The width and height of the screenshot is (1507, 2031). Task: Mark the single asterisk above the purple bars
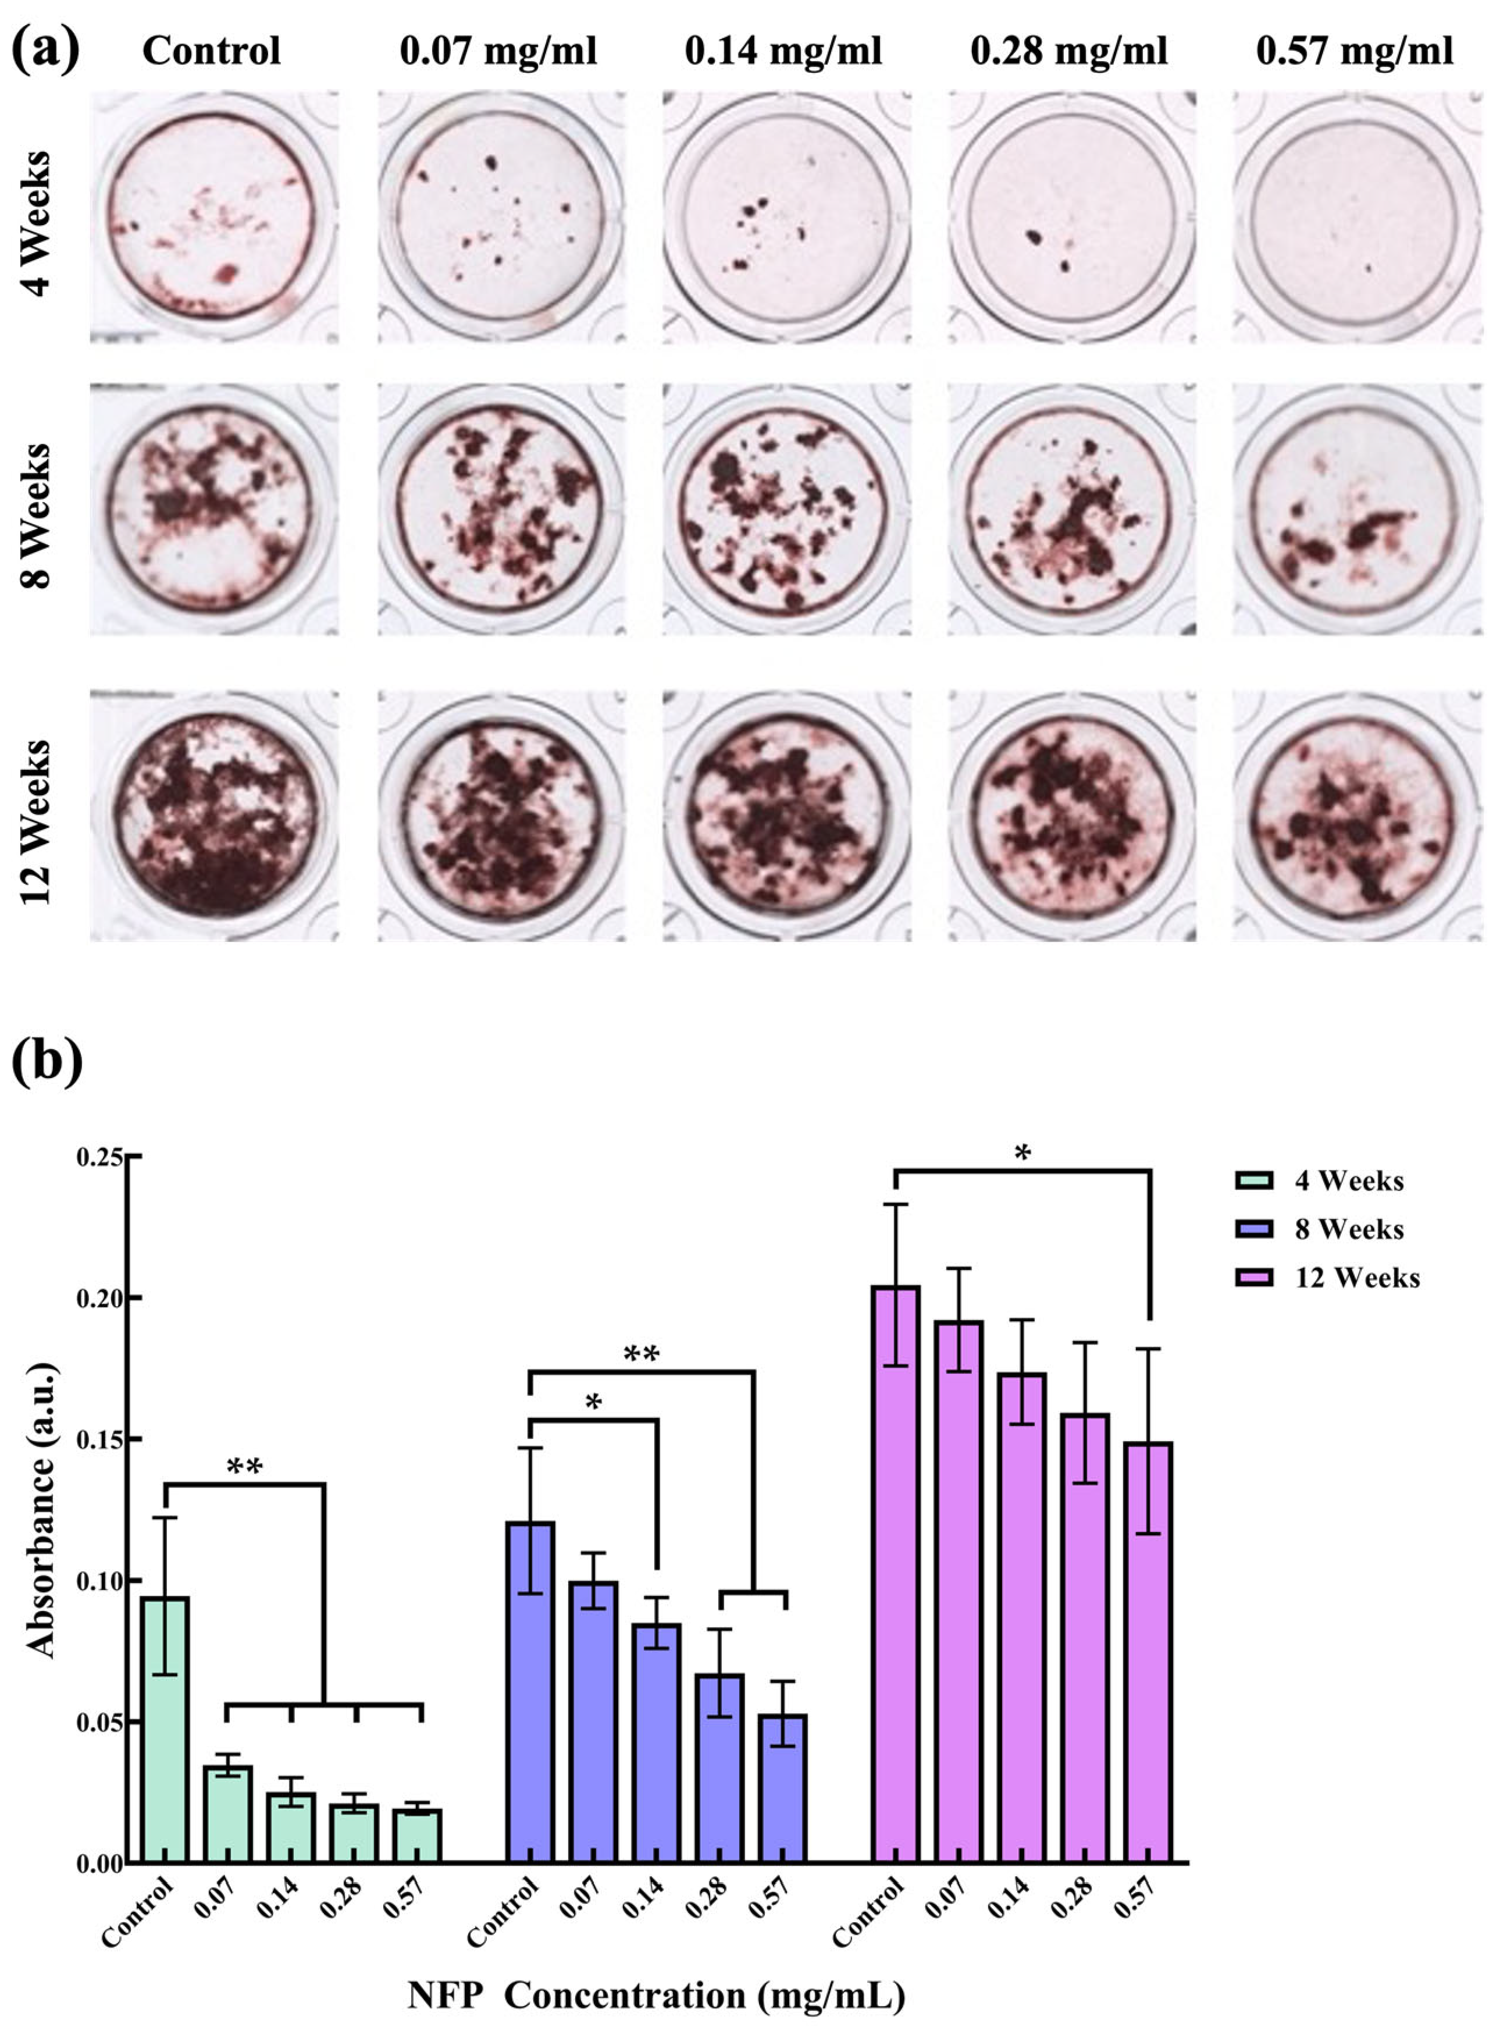point(1023,1155)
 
